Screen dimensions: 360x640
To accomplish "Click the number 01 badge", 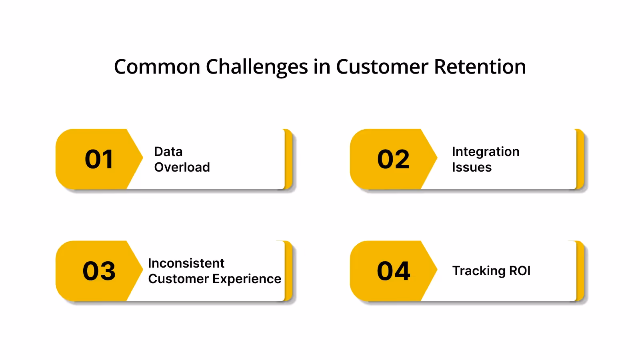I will click(99, 159).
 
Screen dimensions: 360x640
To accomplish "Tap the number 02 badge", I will click(393, 159).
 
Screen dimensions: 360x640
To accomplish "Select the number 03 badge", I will click(99, 271).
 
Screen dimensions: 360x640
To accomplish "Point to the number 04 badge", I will click(393, 271).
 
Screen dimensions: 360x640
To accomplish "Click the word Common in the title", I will click(157, 67).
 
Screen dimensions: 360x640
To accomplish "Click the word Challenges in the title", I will click(256, 67).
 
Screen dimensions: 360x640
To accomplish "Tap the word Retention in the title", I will click(480, 67).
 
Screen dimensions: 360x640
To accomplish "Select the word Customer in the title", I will click(382, 67).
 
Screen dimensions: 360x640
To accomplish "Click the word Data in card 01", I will click(168, 152).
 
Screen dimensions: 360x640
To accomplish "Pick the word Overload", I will click(182, 167).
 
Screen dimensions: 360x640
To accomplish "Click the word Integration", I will click(486, 152).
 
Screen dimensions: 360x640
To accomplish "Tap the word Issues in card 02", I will click(472, 167).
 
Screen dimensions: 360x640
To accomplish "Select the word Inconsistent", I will click(186, 263).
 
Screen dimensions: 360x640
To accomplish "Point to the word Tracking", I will click(478, 271).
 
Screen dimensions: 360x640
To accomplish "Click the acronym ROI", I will click(520, 271).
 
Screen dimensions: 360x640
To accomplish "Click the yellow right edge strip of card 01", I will click(288, 159).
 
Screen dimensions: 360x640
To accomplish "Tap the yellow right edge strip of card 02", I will click(580, 159).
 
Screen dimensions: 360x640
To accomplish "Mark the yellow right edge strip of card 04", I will click(580, 271).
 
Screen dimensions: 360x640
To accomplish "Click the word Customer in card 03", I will click(177, 279).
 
